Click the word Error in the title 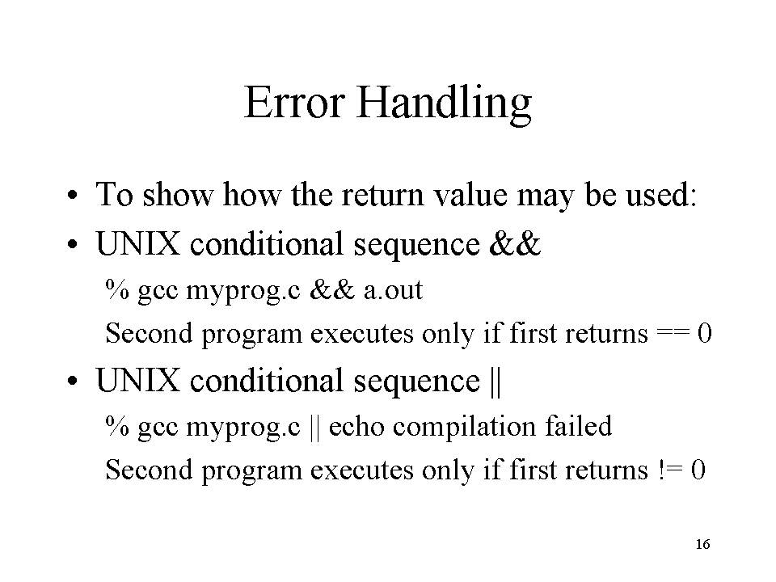pos(294,102)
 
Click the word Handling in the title pos(444,104)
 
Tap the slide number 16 pos(702,544)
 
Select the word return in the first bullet pos(382,195)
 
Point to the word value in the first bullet pos(470,194)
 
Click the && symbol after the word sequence pos(515,243)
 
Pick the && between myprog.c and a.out pos(332,289)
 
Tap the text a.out pos(394,290)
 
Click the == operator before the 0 pos(673,333)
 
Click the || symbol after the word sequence pos(496,381)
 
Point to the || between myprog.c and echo pos(314,427)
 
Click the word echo pos(356,426)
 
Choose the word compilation pos(465,427)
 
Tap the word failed pos(579,426)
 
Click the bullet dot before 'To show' pos(73,195)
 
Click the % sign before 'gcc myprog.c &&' pos(117,289)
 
